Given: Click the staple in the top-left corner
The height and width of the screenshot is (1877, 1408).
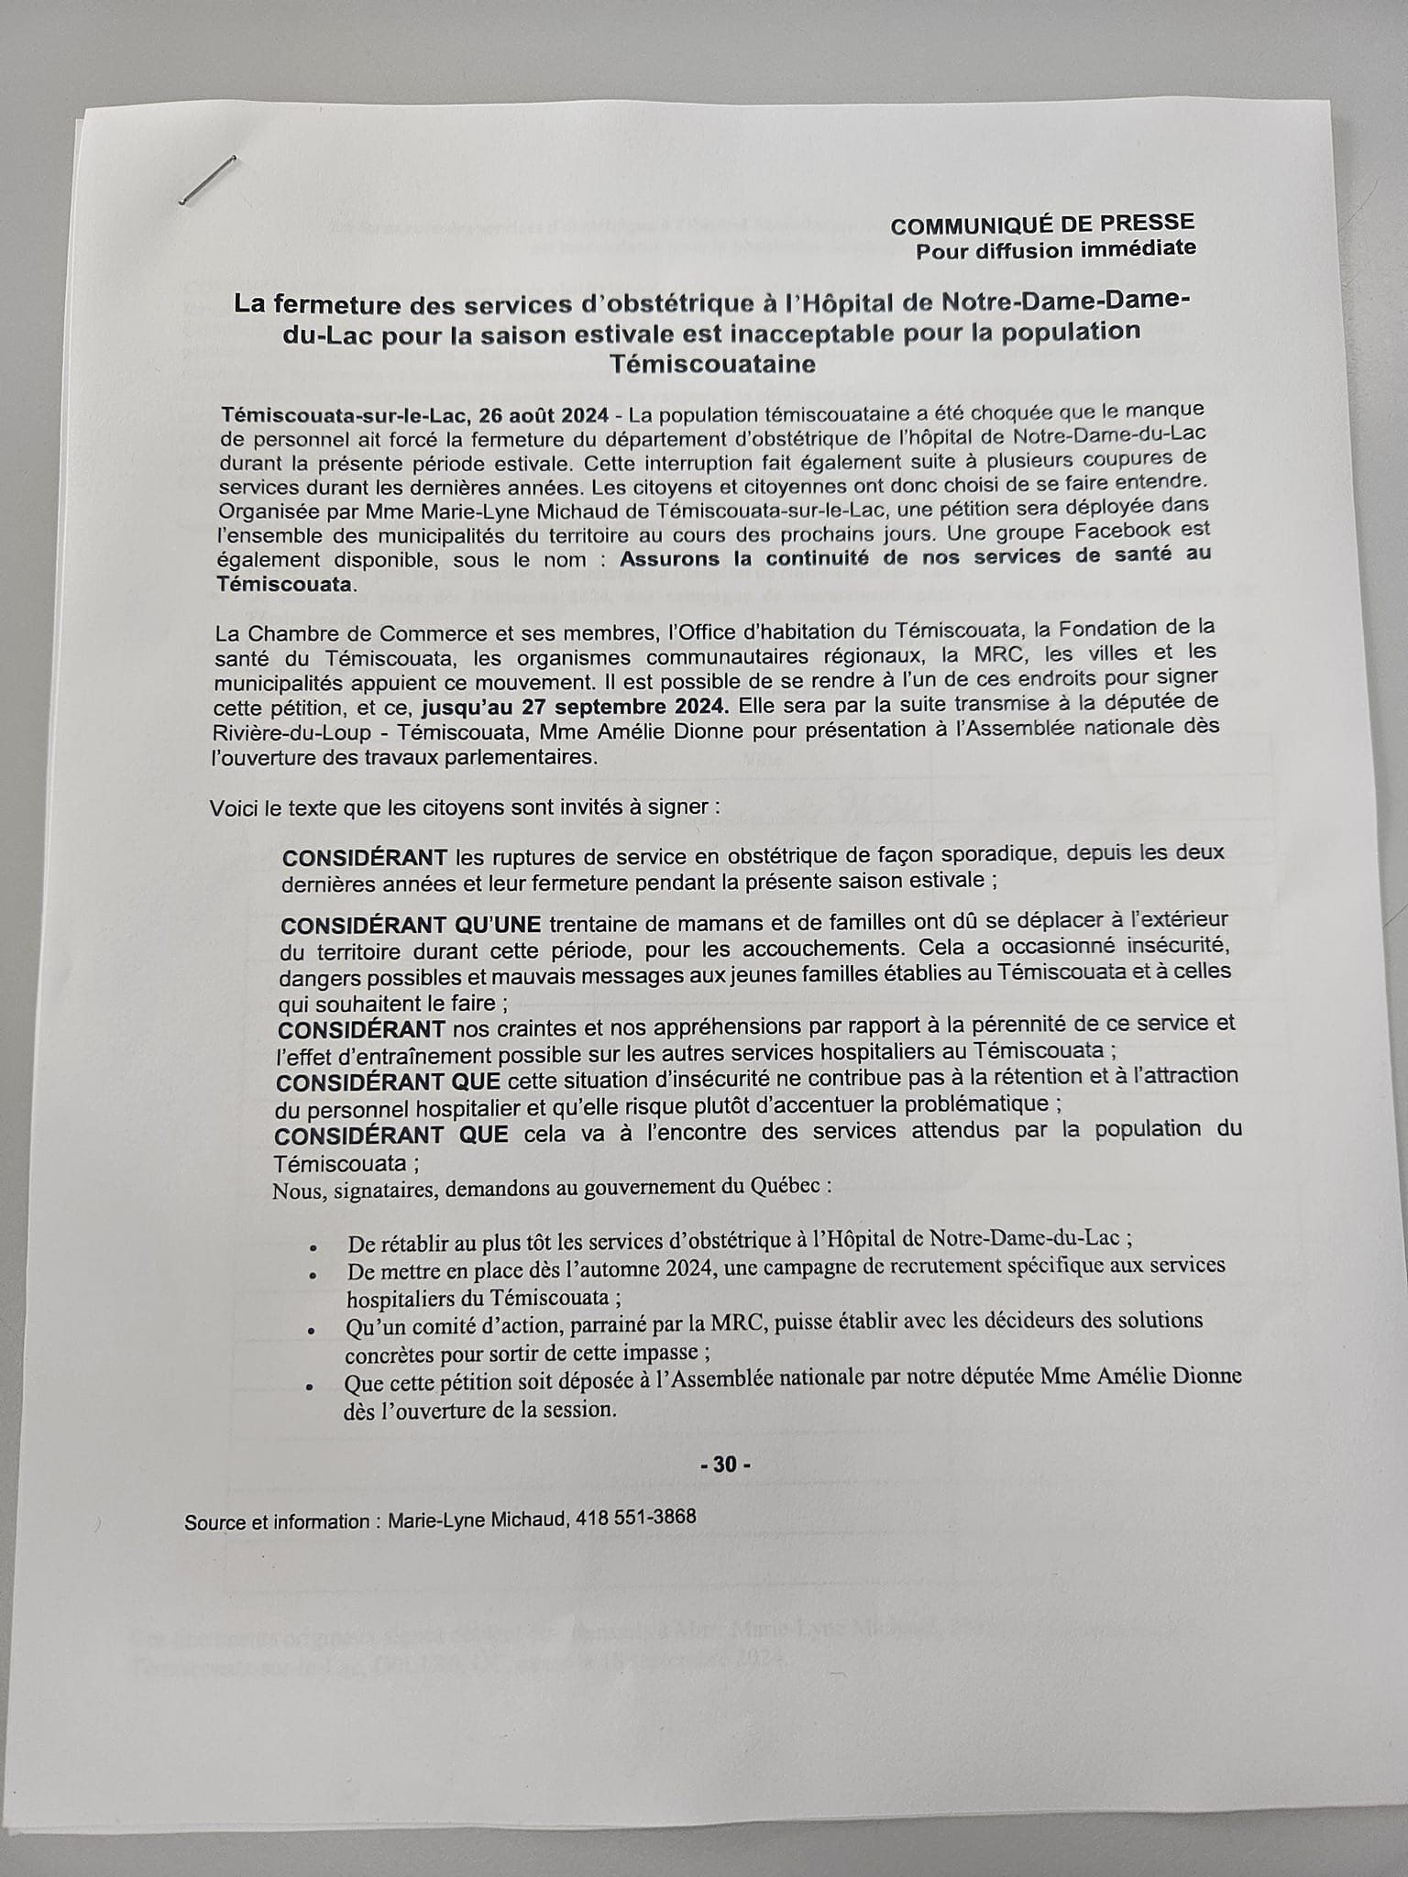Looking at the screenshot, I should click(208, 180).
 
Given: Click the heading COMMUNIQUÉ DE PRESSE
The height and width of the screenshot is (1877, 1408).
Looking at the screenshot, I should click(1042, 223).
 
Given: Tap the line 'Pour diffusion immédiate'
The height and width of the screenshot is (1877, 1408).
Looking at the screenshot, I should click(1055, 249).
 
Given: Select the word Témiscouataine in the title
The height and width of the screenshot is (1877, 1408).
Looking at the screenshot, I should click(712, 365).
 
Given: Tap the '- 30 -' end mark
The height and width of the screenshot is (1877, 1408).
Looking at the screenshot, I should click(725, 1465).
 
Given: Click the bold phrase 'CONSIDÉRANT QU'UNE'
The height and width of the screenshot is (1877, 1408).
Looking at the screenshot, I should click(411, 924).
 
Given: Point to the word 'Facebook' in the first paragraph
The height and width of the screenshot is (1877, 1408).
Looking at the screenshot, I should click(1124, 531).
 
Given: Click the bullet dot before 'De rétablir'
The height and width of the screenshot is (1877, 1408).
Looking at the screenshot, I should click(313, 1248).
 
